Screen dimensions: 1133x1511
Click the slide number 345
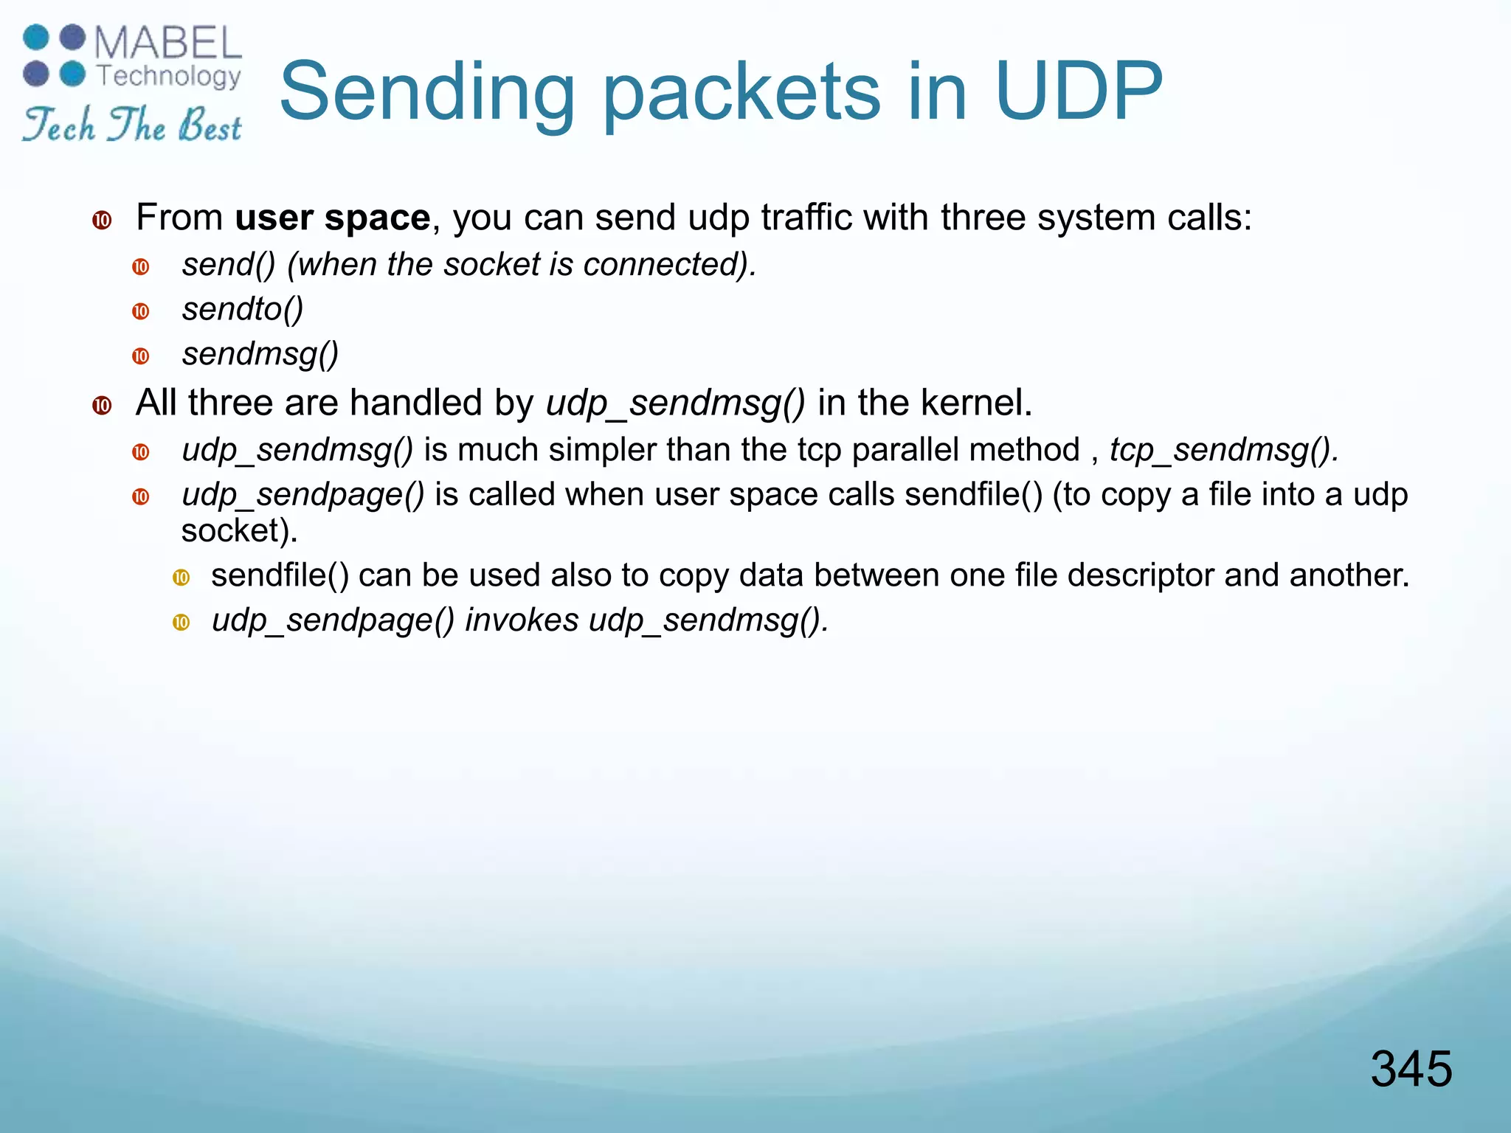pyautogui.click(x=1411, y=1068)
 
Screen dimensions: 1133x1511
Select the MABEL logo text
pyautogui.click(x=168, y=44)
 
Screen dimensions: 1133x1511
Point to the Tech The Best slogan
pyautogui.click(x=132, y=125)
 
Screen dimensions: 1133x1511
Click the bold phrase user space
pyautogui.click(x=332, y=218)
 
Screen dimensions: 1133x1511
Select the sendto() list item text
pyautogui.click(x=243, y=309)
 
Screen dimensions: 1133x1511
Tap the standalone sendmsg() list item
pyautogui.click(x=260, y=354)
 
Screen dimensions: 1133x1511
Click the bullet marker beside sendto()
pyautogui.click(x=141, y=311)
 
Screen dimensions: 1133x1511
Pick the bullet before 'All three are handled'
pyautogui.click(x=102, y=405)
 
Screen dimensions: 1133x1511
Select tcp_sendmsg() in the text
pyautogui.click(x=1223, y=450)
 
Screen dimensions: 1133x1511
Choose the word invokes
pyautogui.click(x=521, y=620)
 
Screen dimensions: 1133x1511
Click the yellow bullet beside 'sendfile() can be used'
pyautogui.click(x=181, y=578)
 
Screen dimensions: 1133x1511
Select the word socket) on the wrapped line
pyautogui.click(x=239, y=530)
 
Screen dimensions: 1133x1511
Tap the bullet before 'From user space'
pyautogui.click(x=102, y=220)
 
